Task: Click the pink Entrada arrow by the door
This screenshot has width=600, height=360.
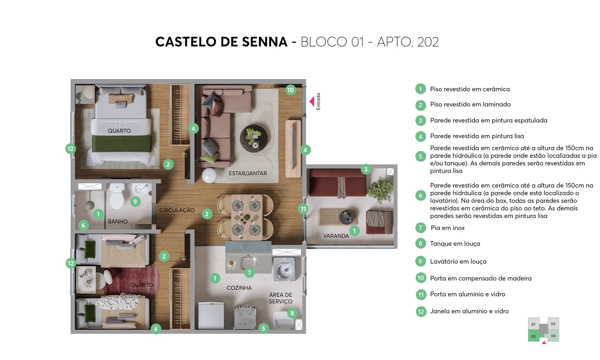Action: [312, 101]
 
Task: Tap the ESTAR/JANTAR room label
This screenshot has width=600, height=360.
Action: [248, 173]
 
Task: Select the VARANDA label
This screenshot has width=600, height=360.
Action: [336, 236]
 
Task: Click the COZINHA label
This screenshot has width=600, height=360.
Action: [239, 288]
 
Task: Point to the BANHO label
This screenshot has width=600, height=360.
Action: [118, 222]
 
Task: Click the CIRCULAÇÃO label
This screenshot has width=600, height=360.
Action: [177, 210]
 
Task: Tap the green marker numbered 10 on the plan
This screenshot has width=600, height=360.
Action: [290, 90]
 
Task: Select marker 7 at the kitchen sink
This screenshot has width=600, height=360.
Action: [249, 273]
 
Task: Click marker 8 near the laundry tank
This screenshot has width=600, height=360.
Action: [292, 313]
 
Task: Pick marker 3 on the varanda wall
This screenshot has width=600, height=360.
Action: [366, 169]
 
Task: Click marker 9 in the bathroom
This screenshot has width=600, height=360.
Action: [135, 202]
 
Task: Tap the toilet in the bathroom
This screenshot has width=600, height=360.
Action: [117, 197]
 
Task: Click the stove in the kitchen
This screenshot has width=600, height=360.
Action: [245, 317]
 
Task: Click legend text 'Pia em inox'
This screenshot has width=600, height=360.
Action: [447, 228]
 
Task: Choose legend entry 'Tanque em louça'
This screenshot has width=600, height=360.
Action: [455, 244]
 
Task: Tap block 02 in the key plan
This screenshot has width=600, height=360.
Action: [534, 336]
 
